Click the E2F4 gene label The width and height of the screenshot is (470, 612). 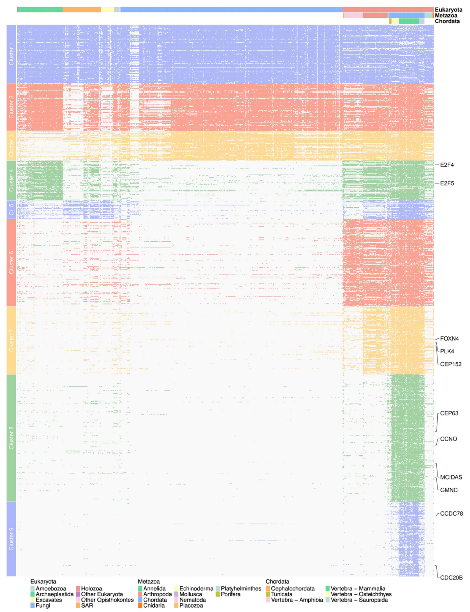(x=447, y=165)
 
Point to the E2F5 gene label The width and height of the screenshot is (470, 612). (x=447, y=184)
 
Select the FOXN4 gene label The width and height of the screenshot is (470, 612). (x=449, y=339)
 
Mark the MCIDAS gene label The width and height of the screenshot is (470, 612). (x=451, y=477)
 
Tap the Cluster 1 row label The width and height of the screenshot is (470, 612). (x=11, y=54)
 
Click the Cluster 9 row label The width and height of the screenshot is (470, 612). (x=11, y=539)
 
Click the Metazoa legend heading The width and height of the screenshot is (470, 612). (x=149, y=582)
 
